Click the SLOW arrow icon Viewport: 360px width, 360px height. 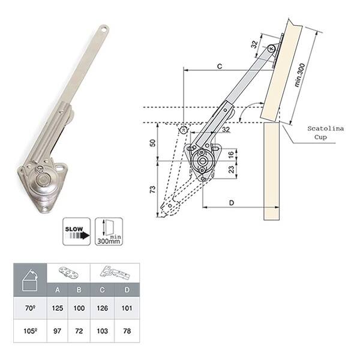77,232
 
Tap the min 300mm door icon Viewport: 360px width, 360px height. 109,232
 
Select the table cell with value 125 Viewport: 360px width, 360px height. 58,308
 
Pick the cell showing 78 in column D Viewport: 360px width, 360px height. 127,331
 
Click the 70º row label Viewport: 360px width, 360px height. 30,308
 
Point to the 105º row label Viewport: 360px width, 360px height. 30,331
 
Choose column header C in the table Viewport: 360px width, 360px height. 102,290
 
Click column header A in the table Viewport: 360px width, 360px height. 58,290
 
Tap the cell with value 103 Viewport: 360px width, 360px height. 102,331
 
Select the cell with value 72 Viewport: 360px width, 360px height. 79,331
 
